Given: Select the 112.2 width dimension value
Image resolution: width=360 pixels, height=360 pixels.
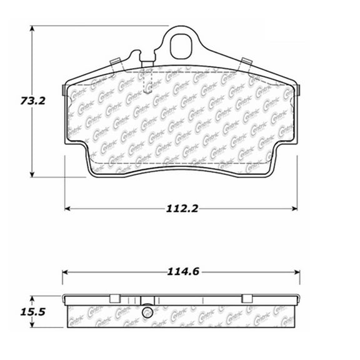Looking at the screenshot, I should click(x=181, y=208).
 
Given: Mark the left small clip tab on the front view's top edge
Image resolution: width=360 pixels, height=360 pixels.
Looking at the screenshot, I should click(x=114, y=61).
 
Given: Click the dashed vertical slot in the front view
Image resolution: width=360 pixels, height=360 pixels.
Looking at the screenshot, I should click(x=147, y=80).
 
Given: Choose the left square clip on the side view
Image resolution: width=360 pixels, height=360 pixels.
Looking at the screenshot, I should click(x=114, y=297).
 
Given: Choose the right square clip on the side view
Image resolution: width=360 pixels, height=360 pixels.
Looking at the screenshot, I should click(x=246, y=297).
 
